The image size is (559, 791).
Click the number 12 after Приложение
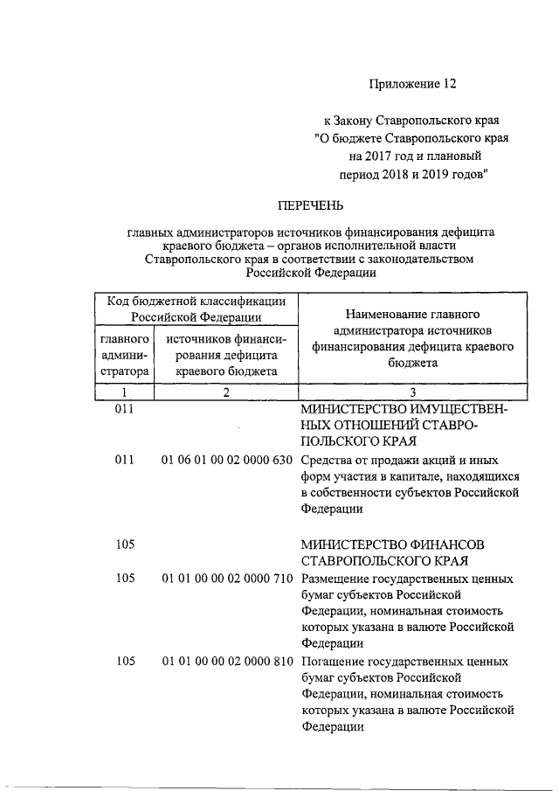447,84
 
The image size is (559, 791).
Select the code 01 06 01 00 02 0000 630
226,461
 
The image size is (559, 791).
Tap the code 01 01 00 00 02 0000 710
226,579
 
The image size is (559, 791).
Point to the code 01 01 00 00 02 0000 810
226,661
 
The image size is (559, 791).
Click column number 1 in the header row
124,392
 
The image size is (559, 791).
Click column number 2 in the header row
225,392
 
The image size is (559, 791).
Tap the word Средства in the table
328,461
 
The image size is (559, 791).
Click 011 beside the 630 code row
124,461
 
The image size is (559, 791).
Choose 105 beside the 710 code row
124,579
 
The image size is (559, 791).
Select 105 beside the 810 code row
124,661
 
